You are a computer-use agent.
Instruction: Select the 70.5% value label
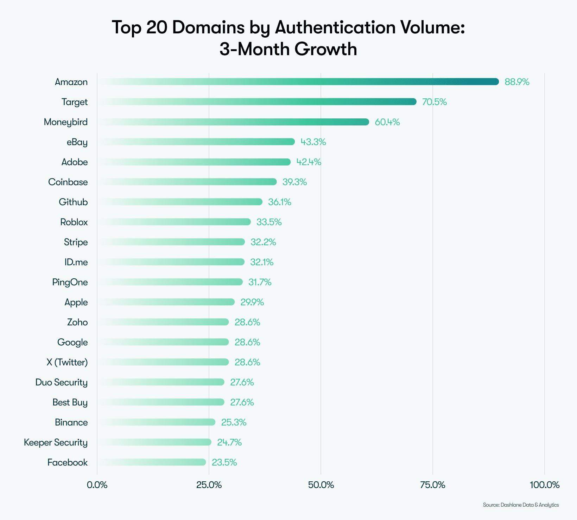click(x=434, y=102)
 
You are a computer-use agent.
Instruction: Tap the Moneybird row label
click(x=66, y=122)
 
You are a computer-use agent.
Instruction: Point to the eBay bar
click(x=197, y=142)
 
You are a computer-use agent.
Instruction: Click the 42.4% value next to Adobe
click(x=309, y=162)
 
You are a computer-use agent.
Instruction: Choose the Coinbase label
click(x=68, y=182)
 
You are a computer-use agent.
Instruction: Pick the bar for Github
click(x=181, y=202)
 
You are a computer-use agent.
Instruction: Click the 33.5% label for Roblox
click(x=269, y=222)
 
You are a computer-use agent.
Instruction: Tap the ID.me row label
click(x=76, y=262)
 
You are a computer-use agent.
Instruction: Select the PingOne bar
click(x=171, y=282)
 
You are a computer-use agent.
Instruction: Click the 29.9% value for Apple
click(x=252, y=302)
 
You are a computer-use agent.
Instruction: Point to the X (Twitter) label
click(x=67, y=362)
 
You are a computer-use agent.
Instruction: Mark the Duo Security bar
click(x=162, y=382)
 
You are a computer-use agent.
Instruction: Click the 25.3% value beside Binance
click(x=234, y=422)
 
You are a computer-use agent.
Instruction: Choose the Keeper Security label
click(x=56, y=442)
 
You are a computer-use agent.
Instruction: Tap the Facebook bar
click(x=153, y=462)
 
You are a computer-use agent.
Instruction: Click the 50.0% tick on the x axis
click(x=321, y=485)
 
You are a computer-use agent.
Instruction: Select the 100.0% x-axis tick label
click(x=544, y=485)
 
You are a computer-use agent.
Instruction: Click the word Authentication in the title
click(x=335, y=27)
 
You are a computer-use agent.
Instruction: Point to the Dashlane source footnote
click(x=521, y=505)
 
